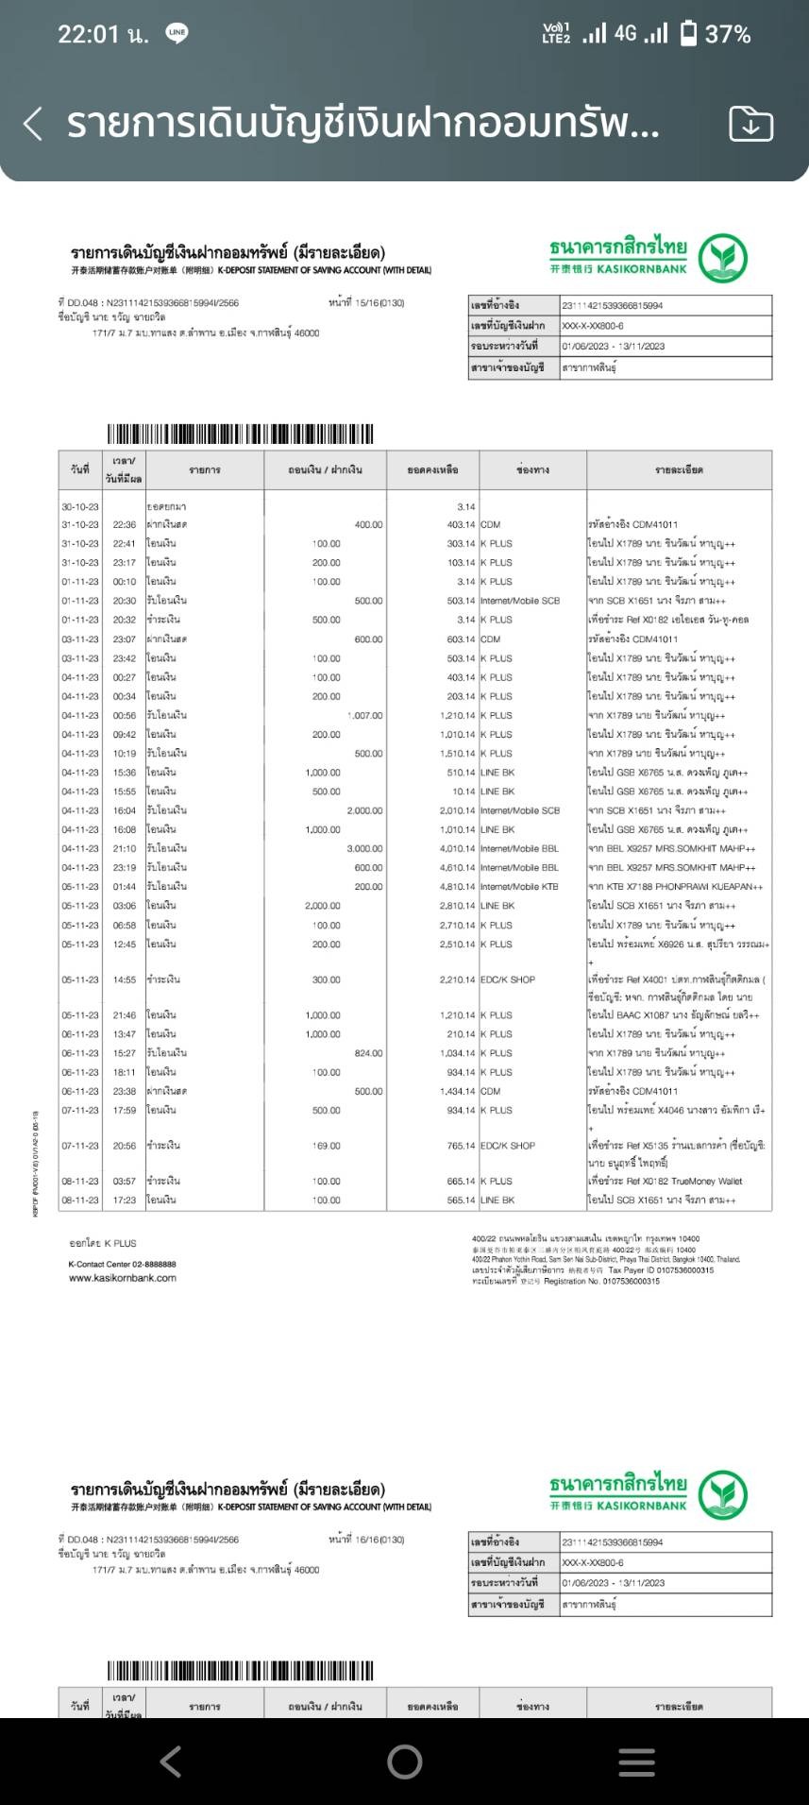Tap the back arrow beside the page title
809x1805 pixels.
pos(33,124)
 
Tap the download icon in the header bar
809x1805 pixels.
pos(750,124)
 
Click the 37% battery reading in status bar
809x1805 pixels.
pos(728,35)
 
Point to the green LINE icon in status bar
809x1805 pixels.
pos(177,34)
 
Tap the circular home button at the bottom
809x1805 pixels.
pos(404,1761)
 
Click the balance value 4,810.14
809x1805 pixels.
pos(458,887)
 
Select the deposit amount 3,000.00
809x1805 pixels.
pos(364,849)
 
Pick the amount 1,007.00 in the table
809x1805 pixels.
pos(364,716)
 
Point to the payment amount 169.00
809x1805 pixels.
pos(327,1146)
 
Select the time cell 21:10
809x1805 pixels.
pos(125,849)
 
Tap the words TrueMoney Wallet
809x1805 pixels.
pos(707,1182)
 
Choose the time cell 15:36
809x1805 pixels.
pos(125,773)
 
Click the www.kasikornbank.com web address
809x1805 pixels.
pos(123,1278)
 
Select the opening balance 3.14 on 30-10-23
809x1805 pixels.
pos(465,507)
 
